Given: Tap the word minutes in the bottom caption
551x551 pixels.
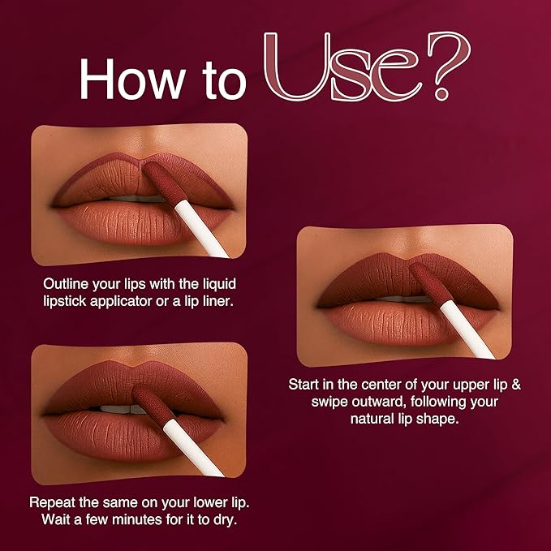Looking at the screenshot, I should tap(136, 519).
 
